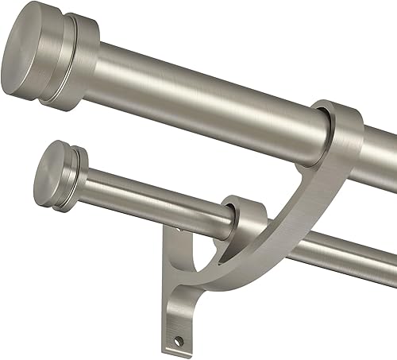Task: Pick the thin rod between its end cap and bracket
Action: point(151,199)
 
